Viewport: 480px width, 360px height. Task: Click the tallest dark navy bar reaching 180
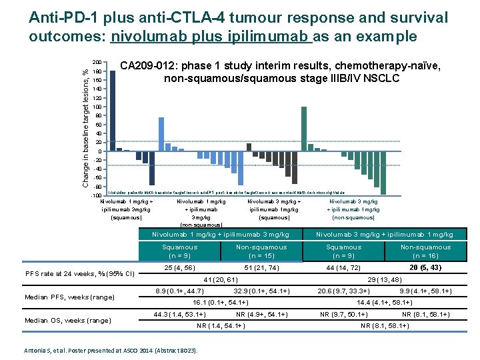click(113, 110)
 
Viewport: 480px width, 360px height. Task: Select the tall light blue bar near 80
click(161, 134)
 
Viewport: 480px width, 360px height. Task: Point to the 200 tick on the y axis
click(96, 62)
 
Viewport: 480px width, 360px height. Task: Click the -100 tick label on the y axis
click(95, 195)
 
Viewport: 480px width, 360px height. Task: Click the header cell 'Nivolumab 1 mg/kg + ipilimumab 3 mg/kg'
click(221, 235)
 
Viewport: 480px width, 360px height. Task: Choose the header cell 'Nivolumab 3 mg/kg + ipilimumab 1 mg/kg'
click(385, 235)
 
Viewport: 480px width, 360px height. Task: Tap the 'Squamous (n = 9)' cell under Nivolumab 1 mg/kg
click(179, 251)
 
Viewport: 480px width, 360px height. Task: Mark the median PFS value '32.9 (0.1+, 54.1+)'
click(261, 291)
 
